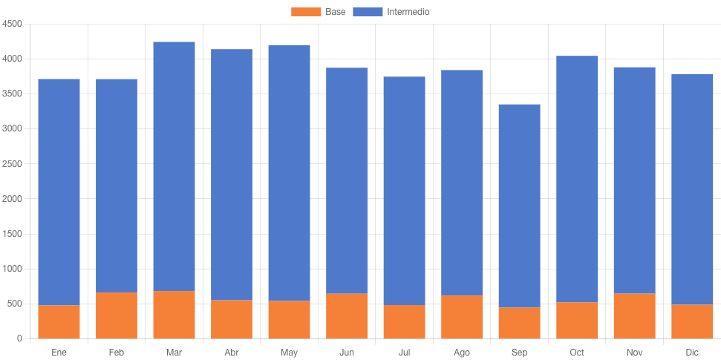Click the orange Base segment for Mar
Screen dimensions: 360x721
tap(174, 315)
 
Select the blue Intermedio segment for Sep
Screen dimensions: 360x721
tap(519, 206)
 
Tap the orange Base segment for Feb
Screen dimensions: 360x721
tap(117, 315)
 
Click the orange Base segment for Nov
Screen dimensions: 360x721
tap(634, 316)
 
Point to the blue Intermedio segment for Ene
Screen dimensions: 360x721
tap(59, 192)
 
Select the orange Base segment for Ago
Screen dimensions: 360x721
tap(462, 317)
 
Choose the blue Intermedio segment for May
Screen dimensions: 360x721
tap(289, 173)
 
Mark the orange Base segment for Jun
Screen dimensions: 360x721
tap(347, 316)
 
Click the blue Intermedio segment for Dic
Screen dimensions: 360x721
tap(692, 189)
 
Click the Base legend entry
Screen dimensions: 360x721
tap(319, 12)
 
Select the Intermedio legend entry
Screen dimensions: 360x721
tap(391, 12)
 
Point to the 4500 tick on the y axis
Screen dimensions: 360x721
tap(13, 24)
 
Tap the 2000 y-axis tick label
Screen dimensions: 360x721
tap(13, 199)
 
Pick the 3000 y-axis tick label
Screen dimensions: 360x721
tap(13, 128)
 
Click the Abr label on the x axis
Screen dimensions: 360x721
tap(232, 352)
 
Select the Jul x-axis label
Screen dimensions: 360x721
tap(404, 352)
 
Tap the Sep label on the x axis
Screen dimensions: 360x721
tap(519, 352)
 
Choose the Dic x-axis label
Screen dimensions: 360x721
tap(692, 352)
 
